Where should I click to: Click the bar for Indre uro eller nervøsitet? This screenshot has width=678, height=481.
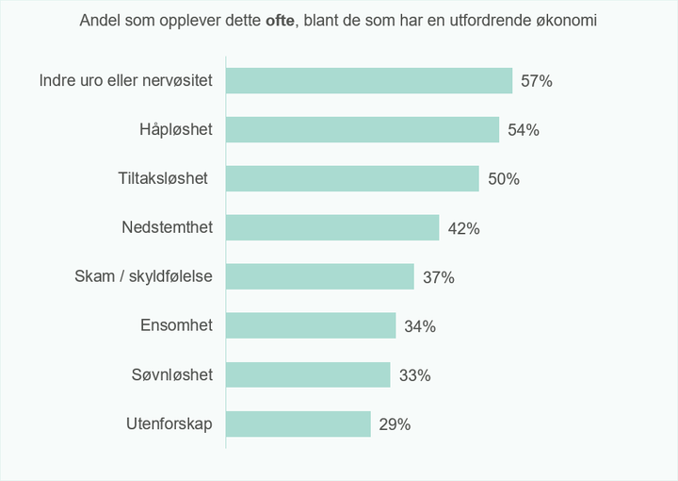point(369,80)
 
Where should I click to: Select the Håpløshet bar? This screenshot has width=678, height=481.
point(363,129)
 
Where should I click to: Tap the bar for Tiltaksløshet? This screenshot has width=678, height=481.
point(352,178)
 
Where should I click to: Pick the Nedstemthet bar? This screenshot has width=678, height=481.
point(332,227)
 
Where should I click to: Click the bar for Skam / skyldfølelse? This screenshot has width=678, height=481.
point(320,276)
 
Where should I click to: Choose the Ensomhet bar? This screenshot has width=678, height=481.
point(311,325)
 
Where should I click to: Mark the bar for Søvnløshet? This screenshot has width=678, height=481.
point(308,374)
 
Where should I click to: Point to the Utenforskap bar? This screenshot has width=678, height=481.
point(299,423)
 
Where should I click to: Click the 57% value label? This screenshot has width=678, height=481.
point(537,81)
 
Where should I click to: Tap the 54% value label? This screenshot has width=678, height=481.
point(524,130)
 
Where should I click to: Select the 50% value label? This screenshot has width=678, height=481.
point(504,179)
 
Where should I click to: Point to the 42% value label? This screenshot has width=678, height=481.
point(463,228)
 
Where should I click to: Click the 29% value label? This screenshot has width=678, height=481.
point(395,424)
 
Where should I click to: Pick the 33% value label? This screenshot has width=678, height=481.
point(414,375)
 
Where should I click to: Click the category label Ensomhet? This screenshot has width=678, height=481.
point(176,325)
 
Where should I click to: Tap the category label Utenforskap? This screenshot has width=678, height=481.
point(169,423)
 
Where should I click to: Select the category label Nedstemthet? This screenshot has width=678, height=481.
point(168,227)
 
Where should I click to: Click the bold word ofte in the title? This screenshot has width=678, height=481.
point(280,21)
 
